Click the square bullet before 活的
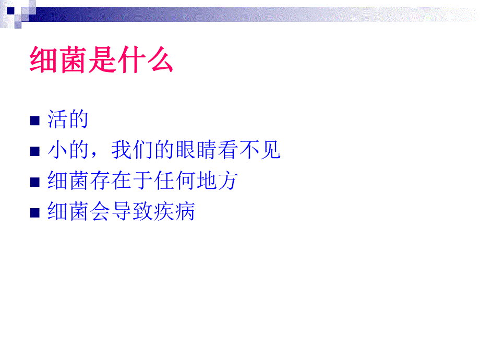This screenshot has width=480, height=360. (x=35, y=122)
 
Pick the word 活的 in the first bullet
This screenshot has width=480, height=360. (x=67, y=120)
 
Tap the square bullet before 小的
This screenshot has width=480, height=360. (x=35, y=152)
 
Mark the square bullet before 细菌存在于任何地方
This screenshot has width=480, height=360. (x=35, y=182)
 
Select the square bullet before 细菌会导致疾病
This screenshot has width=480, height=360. (x=35, y=213)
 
